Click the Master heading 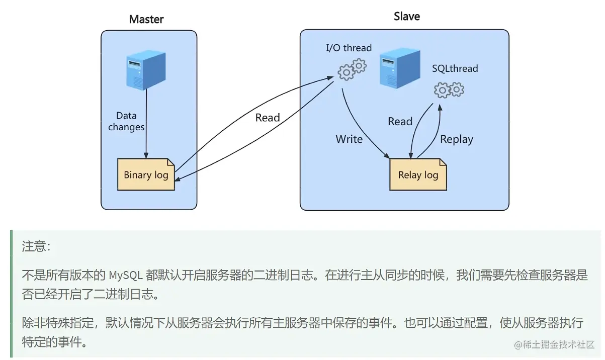(146, 20)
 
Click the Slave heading (406, 17)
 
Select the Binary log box (146, 174)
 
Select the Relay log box (418, 174)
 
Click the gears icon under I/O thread (352, 69)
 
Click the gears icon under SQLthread (449, 89)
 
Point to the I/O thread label (349, 48)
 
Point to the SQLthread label (455, 69)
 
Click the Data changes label (126, 122)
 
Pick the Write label (349, 139)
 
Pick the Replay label (457, 140)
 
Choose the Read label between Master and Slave (267, 118)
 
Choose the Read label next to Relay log (400, 122)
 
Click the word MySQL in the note (126, 275)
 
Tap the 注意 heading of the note (36, 247)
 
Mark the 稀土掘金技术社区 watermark (554, 345)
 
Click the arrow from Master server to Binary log (146, 126)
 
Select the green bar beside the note (12, 294)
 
